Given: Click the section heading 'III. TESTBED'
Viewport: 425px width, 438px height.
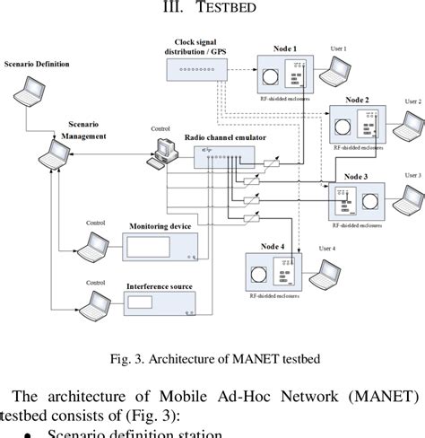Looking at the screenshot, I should coord(212,10).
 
